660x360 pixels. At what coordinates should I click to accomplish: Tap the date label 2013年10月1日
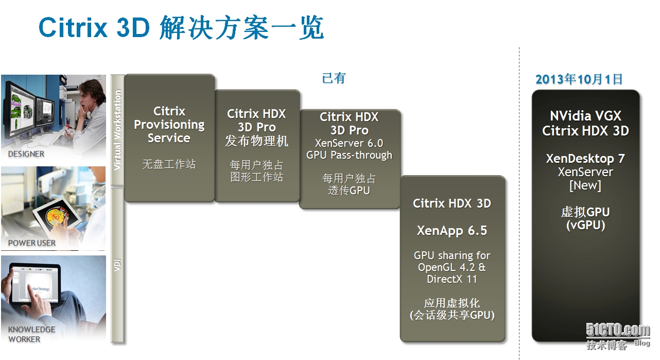[579, 79]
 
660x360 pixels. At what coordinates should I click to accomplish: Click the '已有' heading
[334, 78]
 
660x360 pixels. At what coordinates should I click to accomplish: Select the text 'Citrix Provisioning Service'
[169, 125]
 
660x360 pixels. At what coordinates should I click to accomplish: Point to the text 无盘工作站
[169, 164]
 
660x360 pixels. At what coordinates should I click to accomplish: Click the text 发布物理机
[256, 141]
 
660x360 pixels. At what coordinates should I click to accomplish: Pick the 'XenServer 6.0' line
[349, 143]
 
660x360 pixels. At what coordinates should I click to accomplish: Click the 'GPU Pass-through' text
[349, 155]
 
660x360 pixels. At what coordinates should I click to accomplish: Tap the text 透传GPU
[349, 190]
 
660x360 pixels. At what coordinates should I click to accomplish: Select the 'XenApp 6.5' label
[452, 231]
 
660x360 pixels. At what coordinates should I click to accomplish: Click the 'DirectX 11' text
[452, 279]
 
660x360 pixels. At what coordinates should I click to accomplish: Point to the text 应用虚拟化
[452, 303]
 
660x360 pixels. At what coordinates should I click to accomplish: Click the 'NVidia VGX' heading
[585, 115]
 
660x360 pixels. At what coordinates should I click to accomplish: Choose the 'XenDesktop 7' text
[585, 159]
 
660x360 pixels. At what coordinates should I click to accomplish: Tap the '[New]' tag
[585, 185]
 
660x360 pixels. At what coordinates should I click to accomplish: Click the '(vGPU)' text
[585, 225]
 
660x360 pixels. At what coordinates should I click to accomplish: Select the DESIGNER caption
[26, 154]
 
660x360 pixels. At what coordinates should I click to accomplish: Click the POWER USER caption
[32, 243]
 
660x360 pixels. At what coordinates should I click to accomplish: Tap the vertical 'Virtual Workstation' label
[117, 130]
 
